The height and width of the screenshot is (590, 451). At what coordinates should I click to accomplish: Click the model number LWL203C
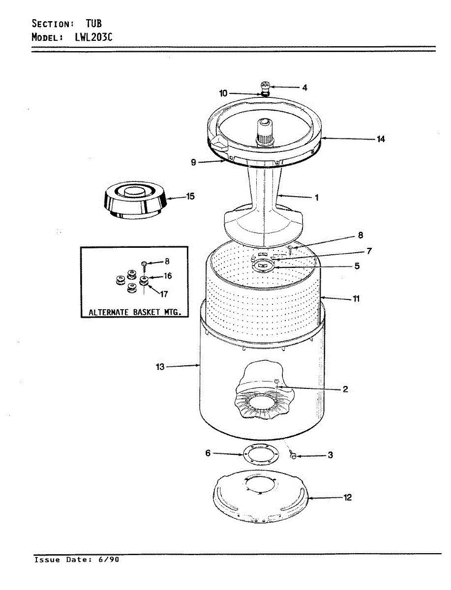[x=95, y=37]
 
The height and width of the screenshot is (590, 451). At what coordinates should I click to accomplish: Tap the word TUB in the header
[x=94, y=23]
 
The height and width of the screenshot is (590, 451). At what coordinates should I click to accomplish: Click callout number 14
[x=381, y=139]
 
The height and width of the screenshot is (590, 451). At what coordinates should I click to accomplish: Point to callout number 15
[x=190, y=196]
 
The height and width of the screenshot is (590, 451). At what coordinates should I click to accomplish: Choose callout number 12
[x=348, y=498]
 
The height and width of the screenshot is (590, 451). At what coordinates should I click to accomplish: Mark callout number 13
[x=160, y=366]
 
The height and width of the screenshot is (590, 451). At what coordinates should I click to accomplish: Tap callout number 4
[x=304, y=88]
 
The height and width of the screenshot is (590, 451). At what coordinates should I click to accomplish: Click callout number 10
[x=223, y=93]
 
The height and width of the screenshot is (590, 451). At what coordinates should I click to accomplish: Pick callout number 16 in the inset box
[x=168, y=276]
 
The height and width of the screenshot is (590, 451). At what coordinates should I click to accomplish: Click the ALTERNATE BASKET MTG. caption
[x=135, y=312]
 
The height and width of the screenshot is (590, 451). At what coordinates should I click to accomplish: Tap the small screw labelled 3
[x=294, y=457]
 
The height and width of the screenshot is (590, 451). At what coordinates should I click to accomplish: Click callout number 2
[x=345, y=389]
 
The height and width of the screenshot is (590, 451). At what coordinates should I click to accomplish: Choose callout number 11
[x=356, y=298]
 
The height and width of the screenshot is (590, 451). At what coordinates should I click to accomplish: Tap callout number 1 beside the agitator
[x=317, y=198]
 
